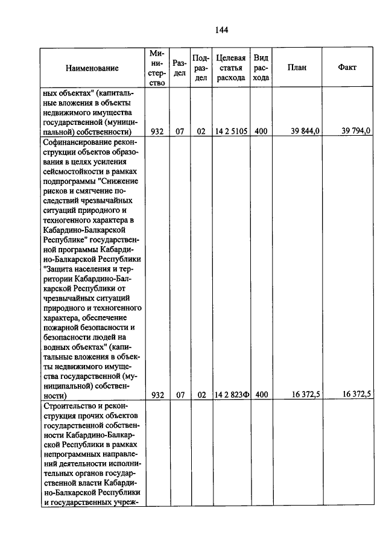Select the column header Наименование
(92, 68)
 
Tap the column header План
(297, 68)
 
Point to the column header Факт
(347, 68)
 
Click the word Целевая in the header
(231, 58)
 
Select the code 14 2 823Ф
(232, 395)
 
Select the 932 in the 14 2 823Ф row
(158, 395)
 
